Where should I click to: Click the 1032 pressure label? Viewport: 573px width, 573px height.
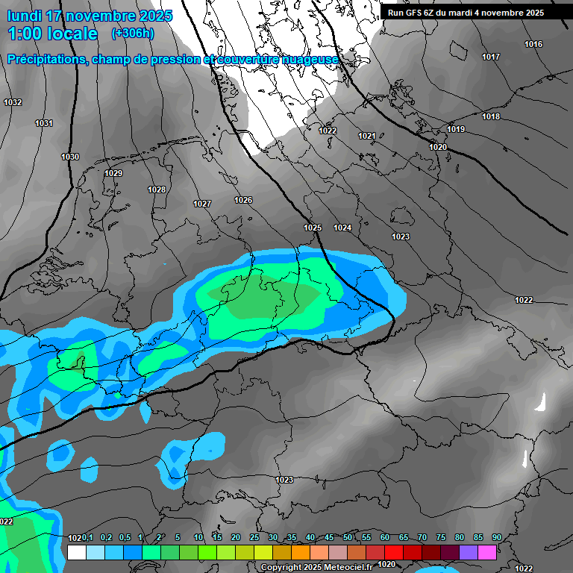point(13,102)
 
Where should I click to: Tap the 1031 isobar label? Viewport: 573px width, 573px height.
point(44,123)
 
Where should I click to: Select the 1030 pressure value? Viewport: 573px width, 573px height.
point(70,157)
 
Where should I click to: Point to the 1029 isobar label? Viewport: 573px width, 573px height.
point(113,173)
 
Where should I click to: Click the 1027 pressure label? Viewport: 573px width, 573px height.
point(202,204)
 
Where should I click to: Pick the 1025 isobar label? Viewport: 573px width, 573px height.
point(313,228)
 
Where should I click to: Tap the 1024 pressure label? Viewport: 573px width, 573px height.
point(342,228)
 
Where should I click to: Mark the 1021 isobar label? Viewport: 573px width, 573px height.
point(366,136)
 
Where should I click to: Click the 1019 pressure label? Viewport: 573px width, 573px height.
point(456,130)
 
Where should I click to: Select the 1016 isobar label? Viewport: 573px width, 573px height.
point(533,45)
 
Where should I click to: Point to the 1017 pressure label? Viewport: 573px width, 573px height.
point(491,57)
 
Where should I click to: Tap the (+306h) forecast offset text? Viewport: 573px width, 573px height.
point(133,34)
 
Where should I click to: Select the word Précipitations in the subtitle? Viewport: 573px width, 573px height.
point(47,59)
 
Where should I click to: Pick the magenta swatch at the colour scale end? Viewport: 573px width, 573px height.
point(487,552)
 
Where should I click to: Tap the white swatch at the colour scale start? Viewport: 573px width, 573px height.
point(77,552)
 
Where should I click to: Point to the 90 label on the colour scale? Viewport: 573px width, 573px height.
point(496,538)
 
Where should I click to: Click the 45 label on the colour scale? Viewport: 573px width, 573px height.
point(329,538)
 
